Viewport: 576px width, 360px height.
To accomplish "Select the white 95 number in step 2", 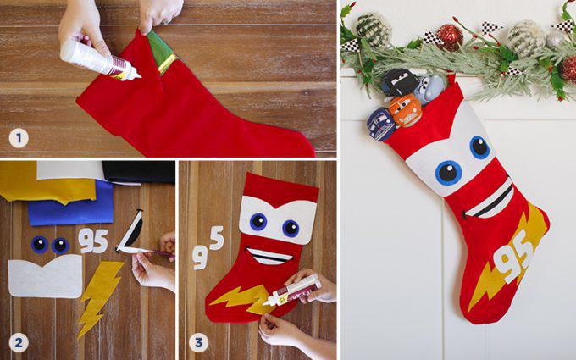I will coord(92,240).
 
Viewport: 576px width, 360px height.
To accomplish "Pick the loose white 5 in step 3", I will coord(216,239).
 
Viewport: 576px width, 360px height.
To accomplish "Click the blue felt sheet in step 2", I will coord(69,204).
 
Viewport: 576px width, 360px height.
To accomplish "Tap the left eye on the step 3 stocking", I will coord(258,222).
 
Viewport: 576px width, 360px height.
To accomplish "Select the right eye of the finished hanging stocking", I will coord(479,147).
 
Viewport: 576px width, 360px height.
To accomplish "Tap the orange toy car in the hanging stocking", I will coord(405,111).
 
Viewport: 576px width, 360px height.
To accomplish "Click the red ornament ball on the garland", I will coord(449,36).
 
